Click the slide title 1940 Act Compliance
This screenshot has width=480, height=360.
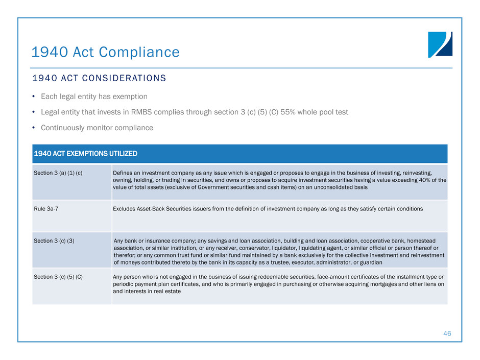click(105, 52)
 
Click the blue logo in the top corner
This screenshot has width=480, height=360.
click(440, 44)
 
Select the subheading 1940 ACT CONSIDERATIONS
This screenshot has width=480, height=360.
click(99, 79)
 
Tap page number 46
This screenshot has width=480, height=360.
click(447, 333)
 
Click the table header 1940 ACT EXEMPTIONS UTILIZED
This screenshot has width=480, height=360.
click(85, 154)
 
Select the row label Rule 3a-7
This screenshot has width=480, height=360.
click(45, 209)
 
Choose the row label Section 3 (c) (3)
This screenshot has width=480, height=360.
click(54, 241)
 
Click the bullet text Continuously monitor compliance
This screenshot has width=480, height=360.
click(97, 128)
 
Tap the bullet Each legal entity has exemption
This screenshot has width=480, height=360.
click(94, 96)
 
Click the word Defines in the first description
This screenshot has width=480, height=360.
click(122, 173)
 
